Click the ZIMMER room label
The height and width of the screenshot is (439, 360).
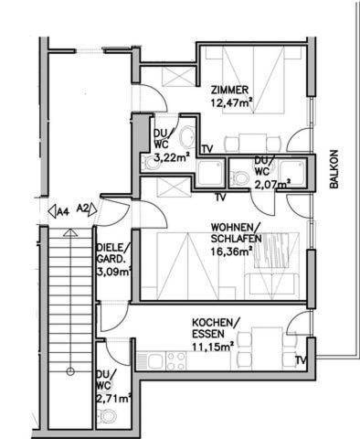click(229, 91)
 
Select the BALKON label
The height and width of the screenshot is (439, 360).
click(334, 169)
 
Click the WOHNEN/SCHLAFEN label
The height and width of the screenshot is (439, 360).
click(237, 233)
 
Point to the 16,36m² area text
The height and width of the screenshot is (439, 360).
click(232, 252)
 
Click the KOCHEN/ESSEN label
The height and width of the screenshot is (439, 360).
click(216, 328)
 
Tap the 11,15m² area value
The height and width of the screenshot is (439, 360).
click(213, 347)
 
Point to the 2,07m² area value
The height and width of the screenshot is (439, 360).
click(272, 184)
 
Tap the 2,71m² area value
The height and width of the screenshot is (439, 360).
click(113, 398)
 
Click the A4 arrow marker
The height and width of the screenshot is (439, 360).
click(58, 211)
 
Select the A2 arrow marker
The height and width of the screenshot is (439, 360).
click(87, 209)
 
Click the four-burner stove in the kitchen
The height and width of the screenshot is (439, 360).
click(176, 361)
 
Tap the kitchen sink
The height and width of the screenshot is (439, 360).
click(157, 361)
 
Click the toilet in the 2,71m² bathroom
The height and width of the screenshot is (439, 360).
click(108, 416)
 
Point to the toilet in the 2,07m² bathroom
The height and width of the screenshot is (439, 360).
click(239, 177)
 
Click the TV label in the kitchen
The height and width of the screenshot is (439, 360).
click(302, 360)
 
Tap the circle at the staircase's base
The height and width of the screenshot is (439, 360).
click(70, 371)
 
